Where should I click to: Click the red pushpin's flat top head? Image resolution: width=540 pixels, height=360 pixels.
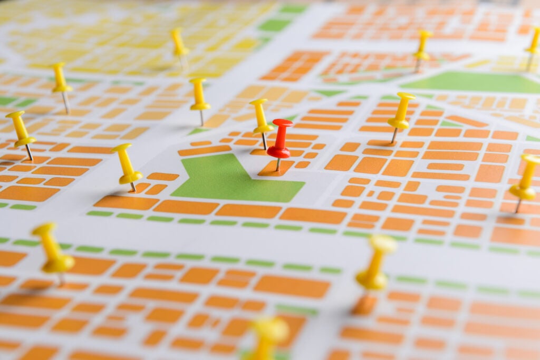[283, 123]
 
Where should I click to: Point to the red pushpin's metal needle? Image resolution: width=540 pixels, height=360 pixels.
[278, 164]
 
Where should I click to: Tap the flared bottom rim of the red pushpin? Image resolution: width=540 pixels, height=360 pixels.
[278, 153]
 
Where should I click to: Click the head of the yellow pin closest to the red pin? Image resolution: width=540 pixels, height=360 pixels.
[258, 102]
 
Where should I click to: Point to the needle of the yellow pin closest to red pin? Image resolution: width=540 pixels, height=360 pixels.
[264, 141]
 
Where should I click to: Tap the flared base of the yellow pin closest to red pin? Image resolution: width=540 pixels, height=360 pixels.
[263, 129]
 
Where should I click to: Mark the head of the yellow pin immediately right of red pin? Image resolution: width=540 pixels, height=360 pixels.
[405, 96]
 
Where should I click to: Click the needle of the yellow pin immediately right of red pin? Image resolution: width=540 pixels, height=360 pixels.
[394, 135]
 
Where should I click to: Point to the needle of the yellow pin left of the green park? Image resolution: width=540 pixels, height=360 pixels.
[133, 187]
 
